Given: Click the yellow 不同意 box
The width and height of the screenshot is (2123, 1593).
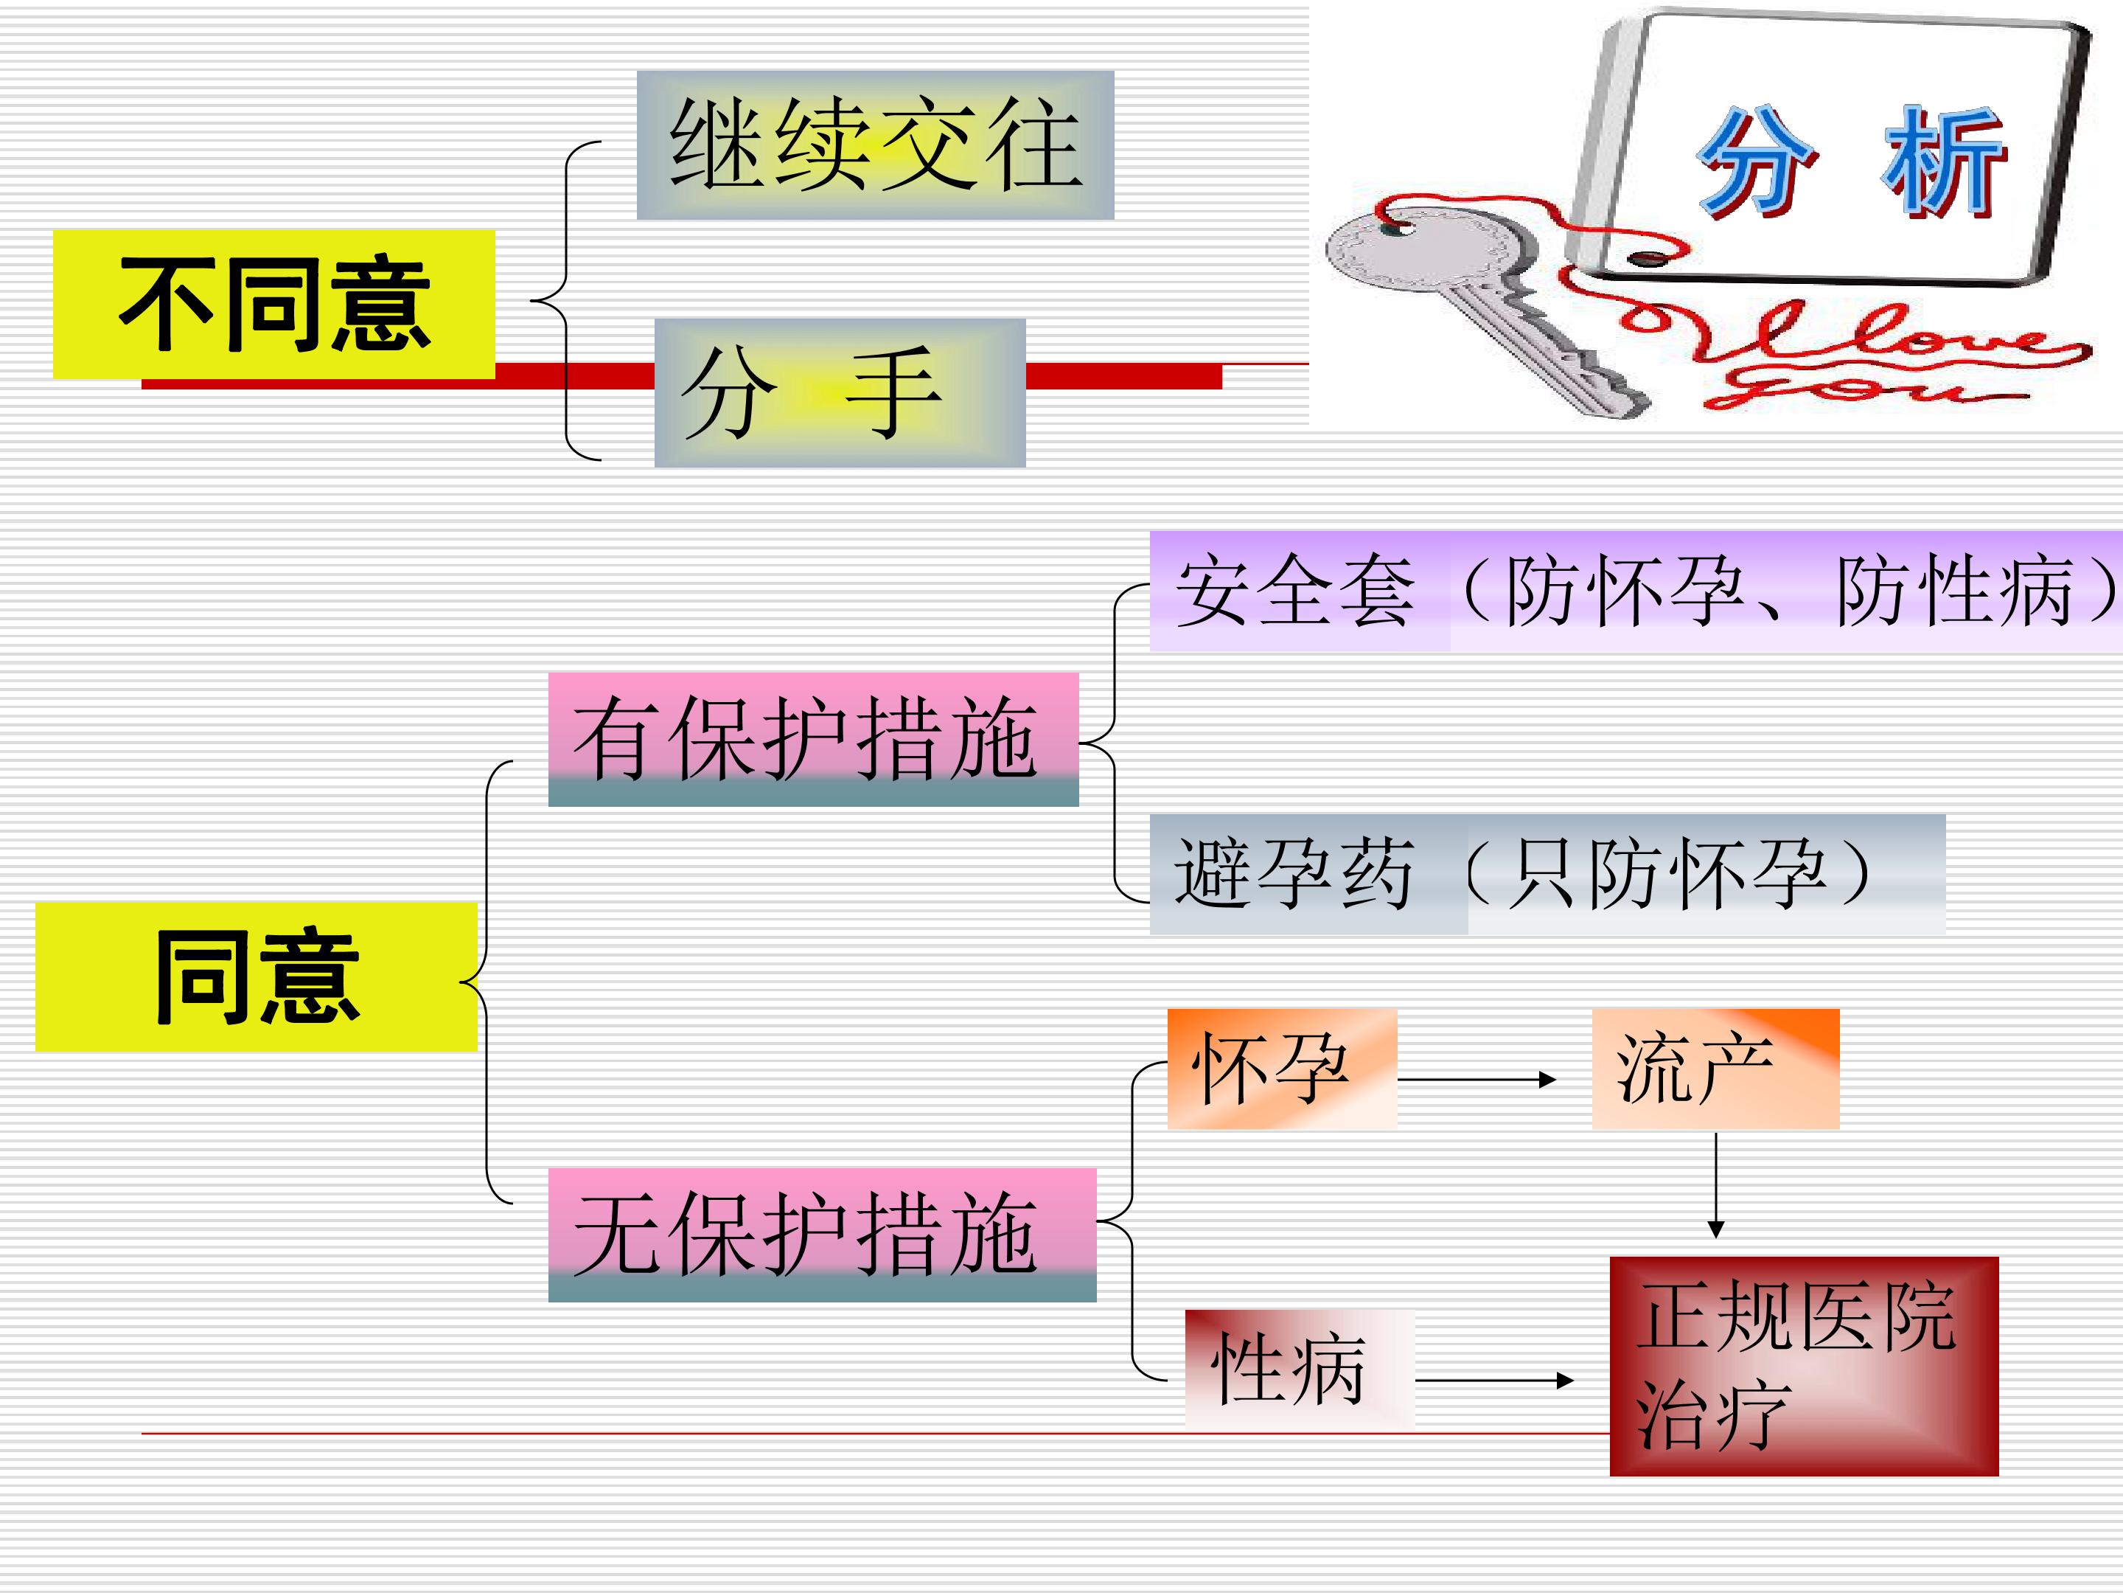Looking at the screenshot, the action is (x=273, y=305).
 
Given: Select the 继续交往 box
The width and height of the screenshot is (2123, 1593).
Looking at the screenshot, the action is (x=875, y=145).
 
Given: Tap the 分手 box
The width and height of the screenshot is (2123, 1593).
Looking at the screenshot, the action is (x=840, y=393).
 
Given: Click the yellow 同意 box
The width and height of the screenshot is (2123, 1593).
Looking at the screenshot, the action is (x=257, y=976).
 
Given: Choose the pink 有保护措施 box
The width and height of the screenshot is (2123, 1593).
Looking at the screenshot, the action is (x=813, y=740).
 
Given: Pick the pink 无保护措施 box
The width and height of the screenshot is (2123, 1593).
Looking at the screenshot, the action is (x=822, y=1235).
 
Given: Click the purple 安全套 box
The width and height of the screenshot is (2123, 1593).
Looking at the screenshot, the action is (x=1636, y=591).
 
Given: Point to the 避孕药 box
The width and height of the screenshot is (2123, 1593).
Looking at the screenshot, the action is (x=1547, y=874).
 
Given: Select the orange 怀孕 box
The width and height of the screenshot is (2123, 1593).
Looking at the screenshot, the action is (x=1281, y=1069).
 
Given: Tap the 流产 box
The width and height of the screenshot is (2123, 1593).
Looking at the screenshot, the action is (x=1715, y=1069).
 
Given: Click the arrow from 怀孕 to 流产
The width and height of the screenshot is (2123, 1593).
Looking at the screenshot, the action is (x=1476, y=1079).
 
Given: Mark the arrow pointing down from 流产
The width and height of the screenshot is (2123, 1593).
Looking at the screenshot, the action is (x=1716, y=1186).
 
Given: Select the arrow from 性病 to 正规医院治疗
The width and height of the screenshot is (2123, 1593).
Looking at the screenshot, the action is (x=1494, y=1381).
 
